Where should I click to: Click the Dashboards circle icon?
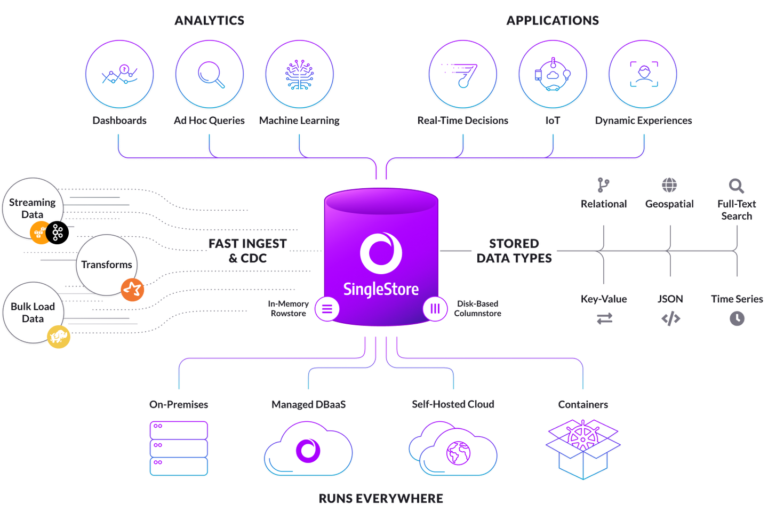coord(119,75)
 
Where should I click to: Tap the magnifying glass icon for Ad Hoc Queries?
coord(210,75)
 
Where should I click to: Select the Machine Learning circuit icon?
coord(299,75)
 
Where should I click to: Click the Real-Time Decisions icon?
coord(462,75)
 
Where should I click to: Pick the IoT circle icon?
coord(553,75)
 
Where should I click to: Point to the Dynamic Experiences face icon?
coord(643,75)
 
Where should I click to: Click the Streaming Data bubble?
coord(32,207)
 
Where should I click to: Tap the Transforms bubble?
coord(106,265)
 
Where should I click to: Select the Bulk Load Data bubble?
coord(33,312)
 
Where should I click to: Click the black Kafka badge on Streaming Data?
coord(58,233)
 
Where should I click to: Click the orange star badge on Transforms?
coord(132,290)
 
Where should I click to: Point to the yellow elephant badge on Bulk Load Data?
coord(59,337)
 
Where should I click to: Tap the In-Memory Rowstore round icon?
coord(327,309)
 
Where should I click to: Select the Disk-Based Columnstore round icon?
coord(435,309)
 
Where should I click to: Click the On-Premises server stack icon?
coord(179,448)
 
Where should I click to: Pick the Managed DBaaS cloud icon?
coord(308,450)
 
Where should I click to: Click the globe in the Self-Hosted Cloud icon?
coord(458,453)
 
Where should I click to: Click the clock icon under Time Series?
coord(737,319)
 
